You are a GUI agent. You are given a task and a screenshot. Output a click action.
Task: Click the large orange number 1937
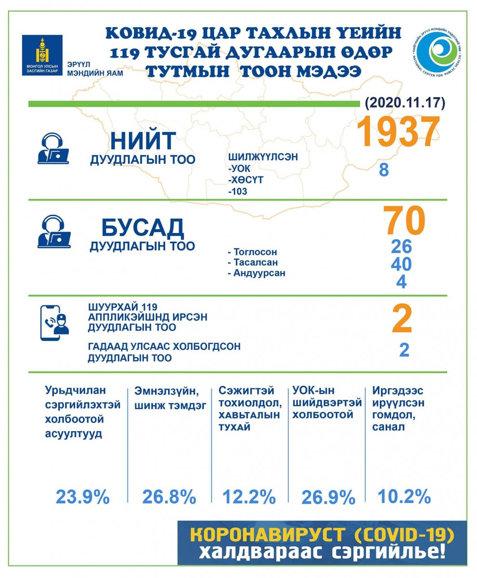[398, 131]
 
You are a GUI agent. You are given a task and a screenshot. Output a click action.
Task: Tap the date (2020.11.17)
[405, 103]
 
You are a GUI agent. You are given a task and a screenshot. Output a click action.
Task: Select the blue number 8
[384, 170]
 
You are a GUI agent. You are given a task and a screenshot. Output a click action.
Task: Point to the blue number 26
[401, 246]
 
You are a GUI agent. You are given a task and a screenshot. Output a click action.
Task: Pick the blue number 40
[401, 264]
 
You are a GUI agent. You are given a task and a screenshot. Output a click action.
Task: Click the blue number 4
[401, 282]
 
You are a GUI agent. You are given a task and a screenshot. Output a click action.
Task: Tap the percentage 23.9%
[83, 497]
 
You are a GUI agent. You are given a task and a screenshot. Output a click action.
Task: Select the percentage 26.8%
[169, 497]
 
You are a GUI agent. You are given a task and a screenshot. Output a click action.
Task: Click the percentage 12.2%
[249, 497]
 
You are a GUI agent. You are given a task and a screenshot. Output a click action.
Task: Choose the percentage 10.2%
[404, 496]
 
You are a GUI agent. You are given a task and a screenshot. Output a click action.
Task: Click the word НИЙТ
[143, 141]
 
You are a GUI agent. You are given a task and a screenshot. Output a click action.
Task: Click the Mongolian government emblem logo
[42, 54]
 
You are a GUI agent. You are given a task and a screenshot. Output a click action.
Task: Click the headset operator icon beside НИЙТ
[53, 149]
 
